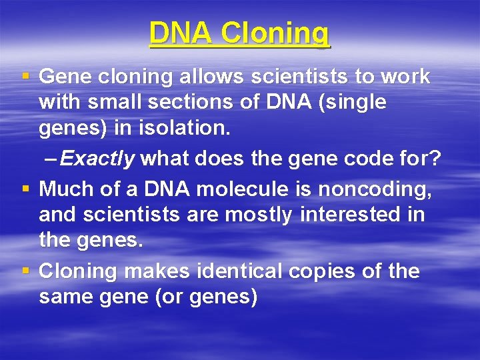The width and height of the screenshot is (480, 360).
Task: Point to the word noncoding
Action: coord(375,190)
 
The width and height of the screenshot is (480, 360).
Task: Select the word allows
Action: coord(212,77)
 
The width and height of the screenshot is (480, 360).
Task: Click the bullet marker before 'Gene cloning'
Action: coord(25,77)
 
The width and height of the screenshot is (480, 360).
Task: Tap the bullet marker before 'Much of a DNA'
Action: coord(25,190)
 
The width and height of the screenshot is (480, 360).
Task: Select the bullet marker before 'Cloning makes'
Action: coord(25,272)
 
